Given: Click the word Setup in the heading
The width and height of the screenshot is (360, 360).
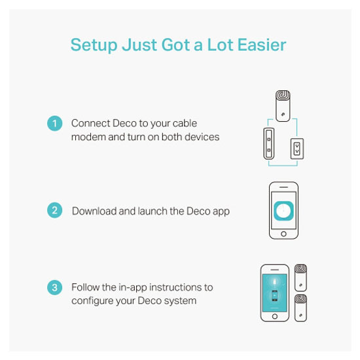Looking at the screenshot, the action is (x=94, y=45).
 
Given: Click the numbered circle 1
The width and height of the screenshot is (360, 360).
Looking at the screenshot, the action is (x=54, y=124).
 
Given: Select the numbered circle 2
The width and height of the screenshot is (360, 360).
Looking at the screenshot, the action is (x=54, y=210).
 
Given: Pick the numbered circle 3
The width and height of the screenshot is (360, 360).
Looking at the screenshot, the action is (x=54, y=287).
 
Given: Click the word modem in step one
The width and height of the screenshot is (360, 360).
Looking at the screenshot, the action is (x=88, y=137).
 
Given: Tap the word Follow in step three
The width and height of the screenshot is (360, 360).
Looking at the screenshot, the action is (x=85, y=287).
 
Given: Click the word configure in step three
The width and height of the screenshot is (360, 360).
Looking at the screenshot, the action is (x=92, y=301).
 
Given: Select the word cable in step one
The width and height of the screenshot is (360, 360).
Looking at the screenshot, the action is (x=185, y=123).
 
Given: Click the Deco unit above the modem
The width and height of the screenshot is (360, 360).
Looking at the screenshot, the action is (x=283, y=106).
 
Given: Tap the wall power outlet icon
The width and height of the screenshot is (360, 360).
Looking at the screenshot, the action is (x=297, y=149).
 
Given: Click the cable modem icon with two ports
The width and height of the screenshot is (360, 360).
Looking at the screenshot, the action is (x=269, y=143).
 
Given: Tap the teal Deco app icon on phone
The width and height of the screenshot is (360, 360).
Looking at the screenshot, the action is (x=283, y=211).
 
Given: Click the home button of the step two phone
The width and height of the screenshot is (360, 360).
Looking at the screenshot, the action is (x=283, y=234).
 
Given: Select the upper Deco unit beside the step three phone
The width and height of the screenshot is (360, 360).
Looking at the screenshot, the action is (x=300, y=278).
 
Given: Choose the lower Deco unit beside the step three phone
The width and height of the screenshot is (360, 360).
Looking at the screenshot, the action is (x=300, y=308).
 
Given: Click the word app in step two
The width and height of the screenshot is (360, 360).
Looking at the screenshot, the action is (x=221, y=211).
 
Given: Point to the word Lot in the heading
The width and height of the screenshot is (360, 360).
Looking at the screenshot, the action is (x=220, y=45).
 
